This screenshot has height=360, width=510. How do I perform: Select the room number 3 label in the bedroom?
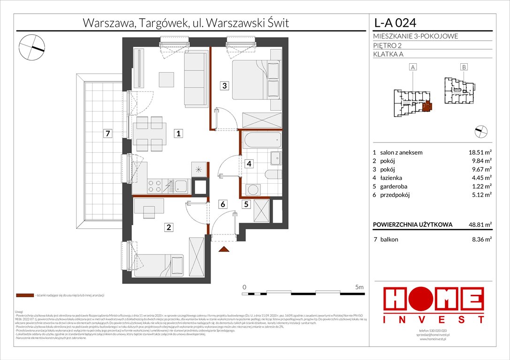click(225, 85)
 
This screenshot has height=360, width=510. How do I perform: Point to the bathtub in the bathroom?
click(261, 139)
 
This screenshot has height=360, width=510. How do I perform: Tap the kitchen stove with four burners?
click(155, 187)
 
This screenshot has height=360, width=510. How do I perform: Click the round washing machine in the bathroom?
click(254, 190)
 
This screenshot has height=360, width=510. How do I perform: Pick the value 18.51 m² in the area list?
click(479, 152)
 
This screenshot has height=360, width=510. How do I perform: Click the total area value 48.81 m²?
click(479, 225)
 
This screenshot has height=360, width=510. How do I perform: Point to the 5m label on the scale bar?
click(359, 287)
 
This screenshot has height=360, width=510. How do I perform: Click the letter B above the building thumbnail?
click(464, 67)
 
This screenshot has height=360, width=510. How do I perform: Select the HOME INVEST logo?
click(434, 305)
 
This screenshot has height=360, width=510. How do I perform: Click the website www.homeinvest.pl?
click(433, 339)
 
